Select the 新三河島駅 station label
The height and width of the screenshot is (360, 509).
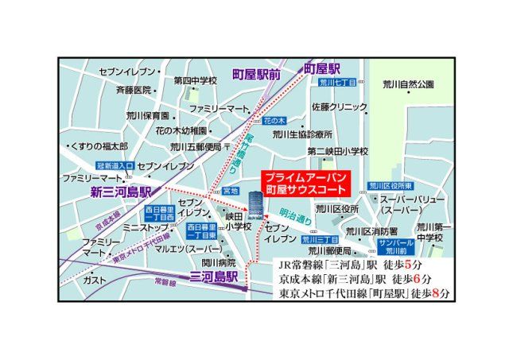pyautogui.click(x=120, y=192)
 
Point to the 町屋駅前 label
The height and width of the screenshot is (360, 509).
pyautogui.click(x=256, y=74)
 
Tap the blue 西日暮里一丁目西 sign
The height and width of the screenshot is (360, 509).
pyautogui.click(x=160, y=213)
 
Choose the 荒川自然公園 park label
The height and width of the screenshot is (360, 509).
pyautogui.click(x=408, y=83)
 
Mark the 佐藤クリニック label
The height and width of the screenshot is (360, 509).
pyautogui.click(x=340, y=106)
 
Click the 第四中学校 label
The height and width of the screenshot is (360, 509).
pyautogui.click(x=196, y=80)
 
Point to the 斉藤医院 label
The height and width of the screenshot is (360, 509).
pyautogui.click(x=134, y=90)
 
